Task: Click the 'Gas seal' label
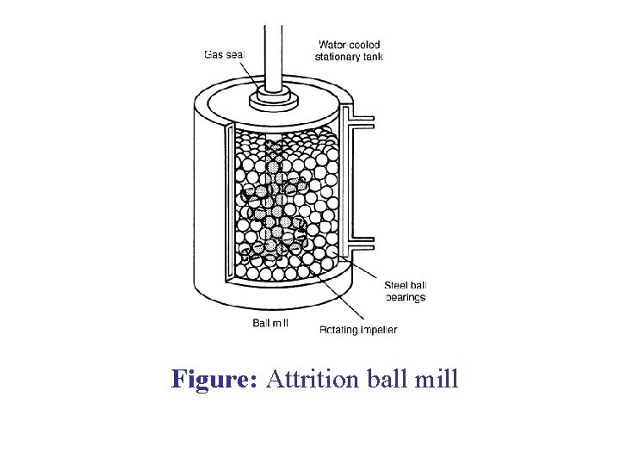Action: tap(224, 53)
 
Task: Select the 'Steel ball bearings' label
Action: tap(405, 292)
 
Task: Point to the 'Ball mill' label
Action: tap(270, 324)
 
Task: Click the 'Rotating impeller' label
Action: tap(358, 330)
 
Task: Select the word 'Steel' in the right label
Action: tap(395, 286)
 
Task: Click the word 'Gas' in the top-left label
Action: tap(214, 53)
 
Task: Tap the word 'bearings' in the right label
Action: tap(405, 298)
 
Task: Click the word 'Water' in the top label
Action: tap(332, 45)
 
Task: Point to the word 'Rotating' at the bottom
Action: tap(338, 330)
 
